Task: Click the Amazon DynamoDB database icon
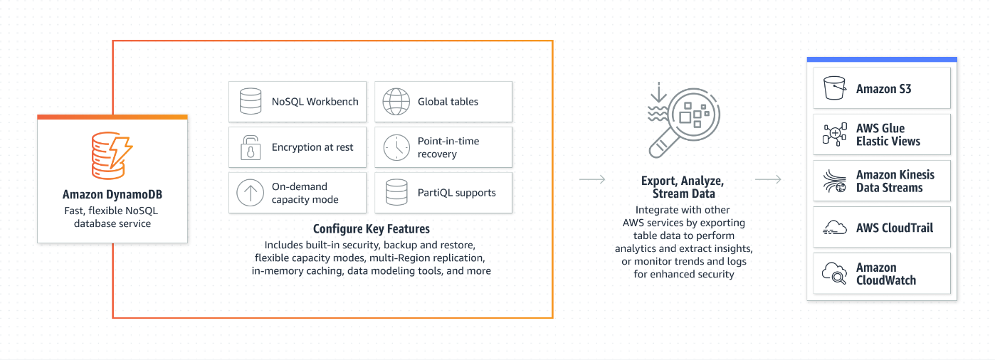click(112, 155)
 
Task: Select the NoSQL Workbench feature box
click(298, 102)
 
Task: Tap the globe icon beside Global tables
click(396, 102)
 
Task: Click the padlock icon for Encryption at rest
click(250, 147)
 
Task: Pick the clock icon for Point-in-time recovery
click(396, 147)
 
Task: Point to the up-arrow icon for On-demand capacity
click(250, 193)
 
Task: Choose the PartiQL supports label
click(456, 193)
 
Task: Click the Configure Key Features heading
click(372, 229)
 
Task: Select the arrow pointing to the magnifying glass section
click(592, 179)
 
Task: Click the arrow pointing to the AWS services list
click(768, 179)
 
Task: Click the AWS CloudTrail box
click(882, 228)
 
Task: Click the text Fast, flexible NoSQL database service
click(112, 217)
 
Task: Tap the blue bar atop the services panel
click(881, 60)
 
